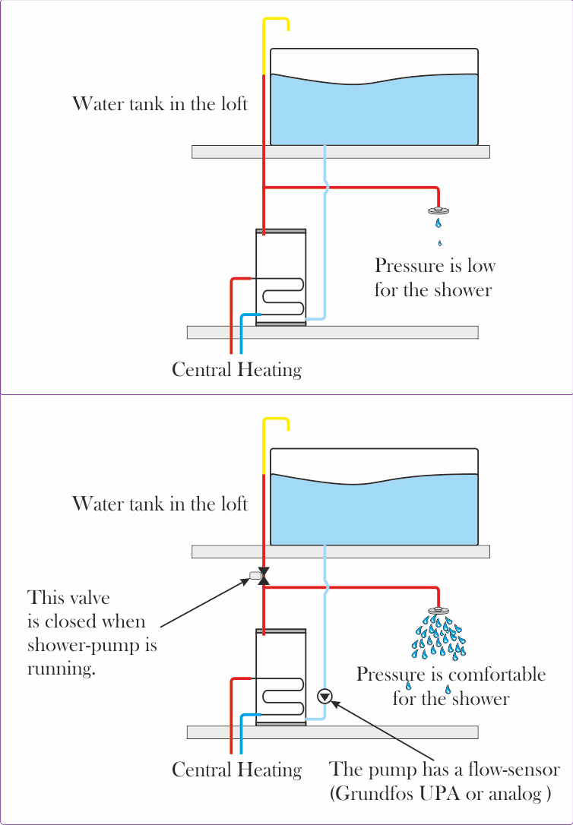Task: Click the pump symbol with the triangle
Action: [x=325, y=695]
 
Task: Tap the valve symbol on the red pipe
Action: [x=264, y=576]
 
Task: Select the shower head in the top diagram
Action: [x=438, y=210]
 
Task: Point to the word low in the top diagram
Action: [x=478, y=266]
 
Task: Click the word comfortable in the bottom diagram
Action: [x=499, y=675]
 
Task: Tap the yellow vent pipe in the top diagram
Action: [x=264, y=46]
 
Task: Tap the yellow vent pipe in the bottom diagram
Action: [x=264, y=445]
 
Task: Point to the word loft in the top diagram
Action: [x=233, y=103]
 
